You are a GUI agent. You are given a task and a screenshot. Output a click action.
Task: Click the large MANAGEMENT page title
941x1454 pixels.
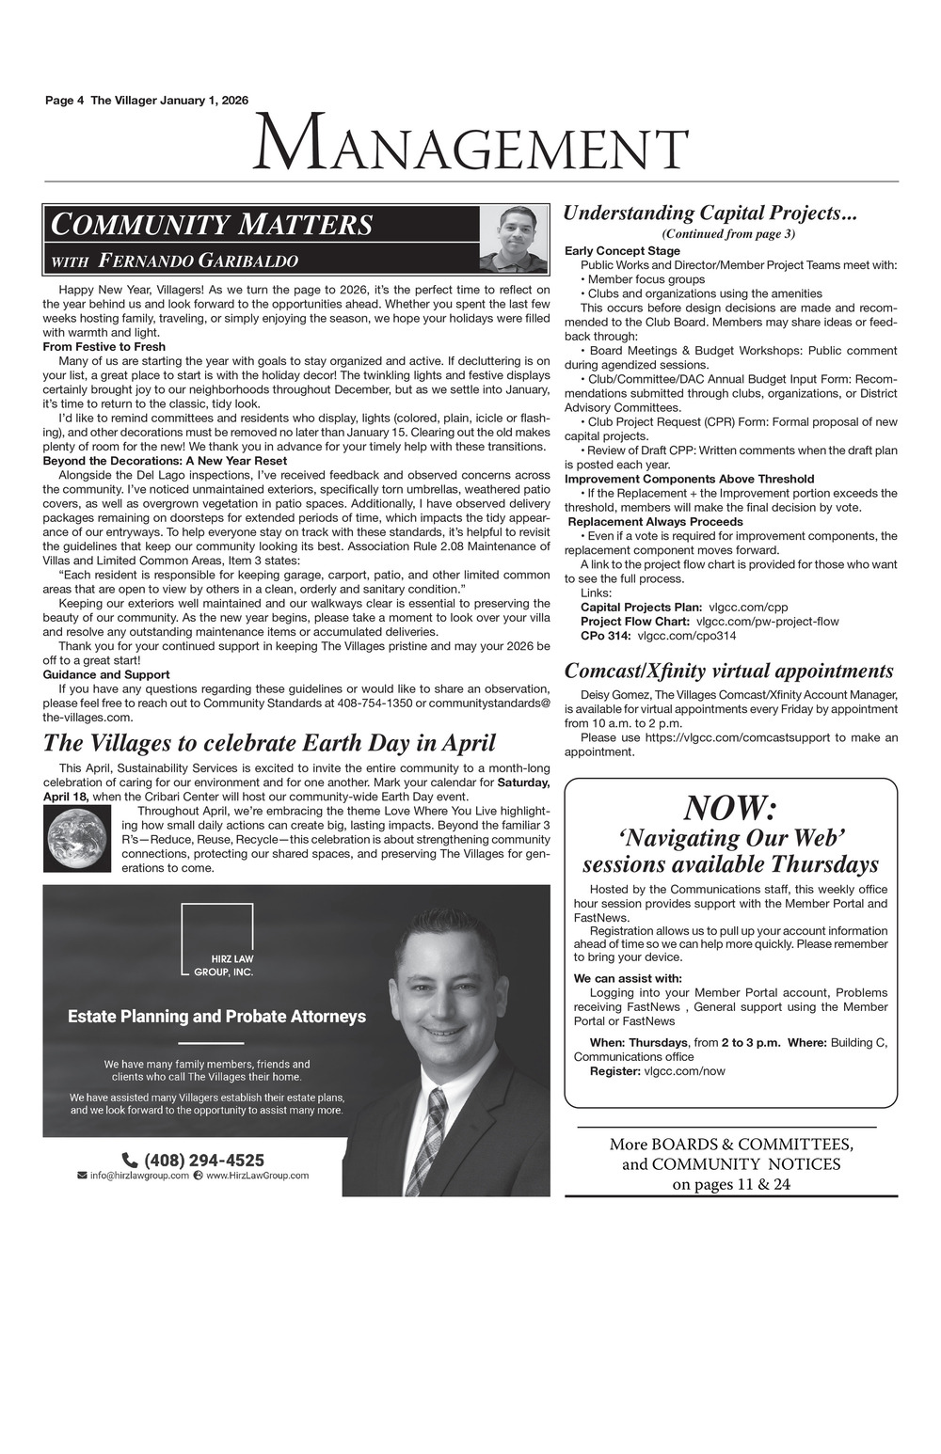[x=470, y=144]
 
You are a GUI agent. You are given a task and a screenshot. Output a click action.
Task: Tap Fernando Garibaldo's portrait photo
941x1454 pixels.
[x=513, y=239]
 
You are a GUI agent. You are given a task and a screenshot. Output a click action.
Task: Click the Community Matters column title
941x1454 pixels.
[x=213, y=226]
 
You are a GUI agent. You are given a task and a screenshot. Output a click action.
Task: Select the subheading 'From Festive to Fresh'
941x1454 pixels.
[x=104, y=347]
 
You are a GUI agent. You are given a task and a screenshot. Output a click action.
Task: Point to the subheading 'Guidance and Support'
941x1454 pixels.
[x=106, y=674]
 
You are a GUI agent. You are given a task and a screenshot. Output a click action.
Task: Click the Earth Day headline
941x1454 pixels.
[x=269, y=743]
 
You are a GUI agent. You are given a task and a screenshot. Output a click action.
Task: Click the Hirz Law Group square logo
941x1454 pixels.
[x=217, y=940]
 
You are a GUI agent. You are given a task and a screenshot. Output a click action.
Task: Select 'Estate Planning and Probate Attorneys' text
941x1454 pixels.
[x=216, y=1017]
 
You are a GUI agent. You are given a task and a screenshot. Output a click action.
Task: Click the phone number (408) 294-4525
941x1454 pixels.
[x=204, y=1161]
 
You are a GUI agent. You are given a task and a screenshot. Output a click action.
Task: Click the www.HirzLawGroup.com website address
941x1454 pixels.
[x=257, y=1176]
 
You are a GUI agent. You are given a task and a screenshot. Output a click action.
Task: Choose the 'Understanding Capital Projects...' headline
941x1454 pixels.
[x=710, y=213]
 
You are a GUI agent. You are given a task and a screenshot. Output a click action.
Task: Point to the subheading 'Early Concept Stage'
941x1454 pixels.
[x=622, y=251]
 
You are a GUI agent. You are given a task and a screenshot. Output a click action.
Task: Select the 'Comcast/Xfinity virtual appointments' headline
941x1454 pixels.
[x=728, y=672]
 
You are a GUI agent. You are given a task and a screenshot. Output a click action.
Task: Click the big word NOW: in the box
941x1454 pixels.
[x=730, y=807]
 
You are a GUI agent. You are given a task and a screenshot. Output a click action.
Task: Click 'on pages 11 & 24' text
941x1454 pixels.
[x=731, y=1184]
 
